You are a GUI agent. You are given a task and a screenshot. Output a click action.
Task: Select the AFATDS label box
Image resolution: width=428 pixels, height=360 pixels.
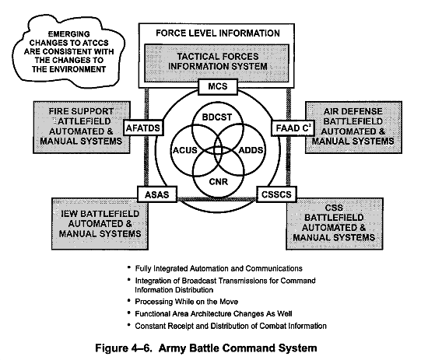(x=142, y=127)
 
